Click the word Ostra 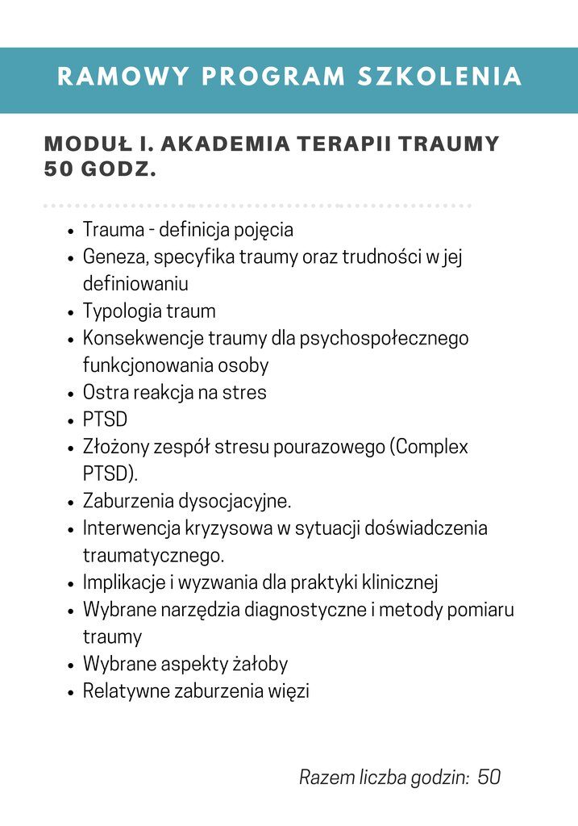click(105, 393)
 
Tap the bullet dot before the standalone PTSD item click(72, 421)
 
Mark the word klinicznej click(398, 582)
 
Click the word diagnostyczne click(306, 610)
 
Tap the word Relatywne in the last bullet click(126, 691)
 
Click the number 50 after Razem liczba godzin click(489, 778)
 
